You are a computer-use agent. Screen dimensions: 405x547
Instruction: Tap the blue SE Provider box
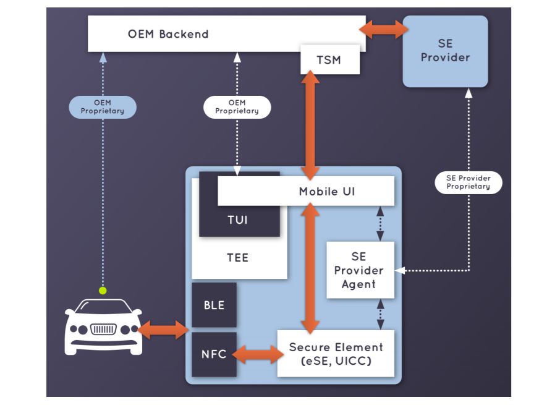[445, 51]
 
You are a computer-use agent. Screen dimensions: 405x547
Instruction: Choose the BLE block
[214, 305]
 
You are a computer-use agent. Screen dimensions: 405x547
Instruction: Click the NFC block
[214, 354]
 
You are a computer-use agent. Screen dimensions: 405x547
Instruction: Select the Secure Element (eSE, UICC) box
[336, 354]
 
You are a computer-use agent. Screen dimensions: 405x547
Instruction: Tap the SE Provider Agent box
[359, 270]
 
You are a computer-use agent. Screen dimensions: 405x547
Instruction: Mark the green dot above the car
[103, 290]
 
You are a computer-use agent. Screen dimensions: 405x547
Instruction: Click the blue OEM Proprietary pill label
[103, 107]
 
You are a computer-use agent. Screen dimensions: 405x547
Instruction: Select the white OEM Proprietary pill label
[237, 107]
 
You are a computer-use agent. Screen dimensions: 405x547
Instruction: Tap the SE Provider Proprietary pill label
[468, 182]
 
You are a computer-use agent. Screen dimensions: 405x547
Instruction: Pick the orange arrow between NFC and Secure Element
[257, 354]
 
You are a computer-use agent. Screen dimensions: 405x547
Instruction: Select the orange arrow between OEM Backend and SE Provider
[384, 28]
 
